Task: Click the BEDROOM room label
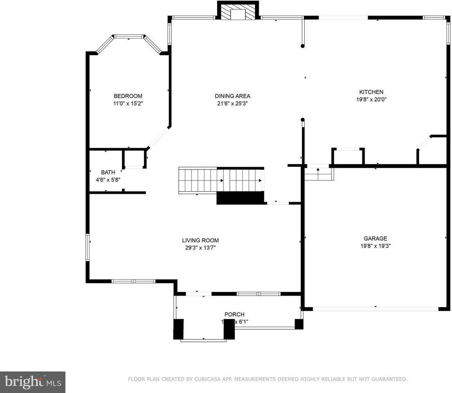(128, 96)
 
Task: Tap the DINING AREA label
(232, 96)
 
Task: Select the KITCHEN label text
(371, 92)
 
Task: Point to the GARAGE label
(375, 239)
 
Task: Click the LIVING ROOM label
(200, 241)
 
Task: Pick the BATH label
(108, 172)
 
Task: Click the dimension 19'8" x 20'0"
(371, 99)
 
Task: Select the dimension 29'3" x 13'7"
(200, 248)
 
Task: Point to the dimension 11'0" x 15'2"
(128, 104)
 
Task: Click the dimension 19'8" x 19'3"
(375, 246)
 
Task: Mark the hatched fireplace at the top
(237, 11)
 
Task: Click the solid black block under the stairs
(240, 198)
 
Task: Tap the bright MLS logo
(33, 382)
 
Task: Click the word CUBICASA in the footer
(205, 379)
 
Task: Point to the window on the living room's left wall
(88, 247)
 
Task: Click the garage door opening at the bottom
(375, 309)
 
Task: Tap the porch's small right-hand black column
(299, 324)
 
